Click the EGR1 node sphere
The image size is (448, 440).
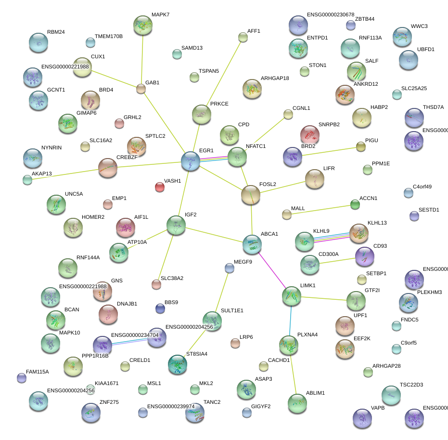[191, 161]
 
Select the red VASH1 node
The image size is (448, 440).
[159, 187]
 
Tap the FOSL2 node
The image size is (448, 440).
[250, 195]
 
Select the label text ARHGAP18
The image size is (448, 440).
[275, 78]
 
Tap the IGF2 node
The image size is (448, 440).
[176, 225]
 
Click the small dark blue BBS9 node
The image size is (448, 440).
[160, 308]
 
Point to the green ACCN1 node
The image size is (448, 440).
[355, 205]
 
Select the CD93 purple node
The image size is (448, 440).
[364, 257]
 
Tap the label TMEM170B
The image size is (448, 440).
[108, 37]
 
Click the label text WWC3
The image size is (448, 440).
[419, 26]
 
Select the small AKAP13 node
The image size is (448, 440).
[27, 180]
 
